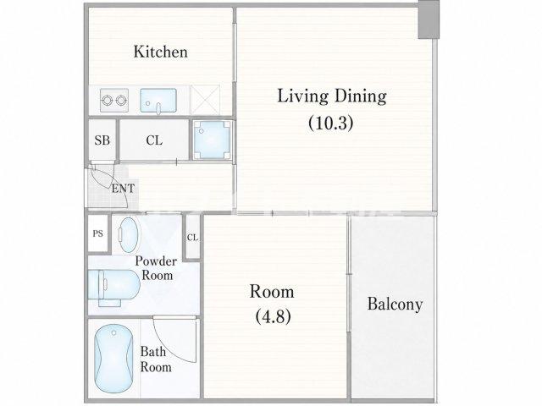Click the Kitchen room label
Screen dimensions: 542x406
(x=161, y=52)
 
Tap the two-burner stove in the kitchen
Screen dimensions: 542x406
(x=114, y=100)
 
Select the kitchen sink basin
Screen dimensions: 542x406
(x=158, y=101)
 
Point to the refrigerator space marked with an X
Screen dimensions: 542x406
(x=205, y=100)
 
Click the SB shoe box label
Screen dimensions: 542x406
(x=102, y=140)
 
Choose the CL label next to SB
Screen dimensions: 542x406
(x=154, y=140)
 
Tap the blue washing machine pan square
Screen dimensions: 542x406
(x=212, y=140)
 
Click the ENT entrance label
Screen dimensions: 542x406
(x=123, y=189)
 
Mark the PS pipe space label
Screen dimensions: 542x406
(x=98, y=233)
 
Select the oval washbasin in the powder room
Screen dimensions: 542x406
(x=129, y=235)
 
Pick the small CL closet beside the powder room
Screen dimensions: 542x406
(x=192, y=237)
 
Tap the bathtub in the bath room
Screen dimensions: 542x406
(x=113, y=359)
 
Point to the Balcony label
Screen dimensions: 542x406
(x=395, y=304)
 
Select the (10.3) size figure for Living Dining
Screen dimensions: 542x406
(x=331, y=123)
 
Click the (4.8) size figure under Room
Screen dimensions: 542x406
(x=273, y=316)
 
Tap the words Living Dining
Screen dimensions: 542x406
(x=332, y=96)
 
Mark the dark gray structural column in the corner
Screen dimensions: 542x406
(x=429, y=19)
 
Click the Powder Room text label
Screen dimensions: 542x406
(x=156, y=268)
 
